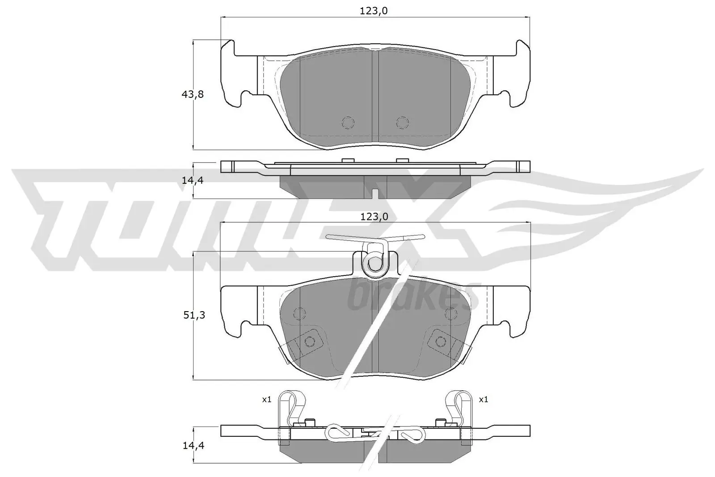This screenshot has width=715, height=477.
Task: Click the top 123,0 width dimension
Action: tap(374, 11)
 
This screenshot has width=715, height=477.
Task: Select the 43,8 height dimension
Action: tap(193, 94)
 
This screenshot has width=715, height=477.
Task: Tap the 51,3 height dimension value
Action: tap(194, 315)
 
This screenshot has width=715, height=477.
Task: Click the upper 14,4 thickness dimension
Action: tap(193, 181)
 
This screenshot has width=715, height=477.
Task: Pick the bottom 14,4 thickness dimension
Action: tap(193, 445)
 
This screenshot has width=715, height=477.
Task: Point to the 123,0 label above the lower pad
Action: tap(374, 217)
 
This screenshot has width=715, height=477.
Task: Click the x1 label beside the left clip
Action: tap(266, 399)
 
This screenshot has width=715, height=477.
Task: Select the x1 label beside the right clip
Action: tap(483, 399)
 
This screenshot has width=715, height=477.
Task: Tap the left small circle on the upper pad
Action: tap(348, 122)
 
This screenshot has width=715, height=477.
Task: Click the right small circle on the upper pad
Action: tap(403, 122)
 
